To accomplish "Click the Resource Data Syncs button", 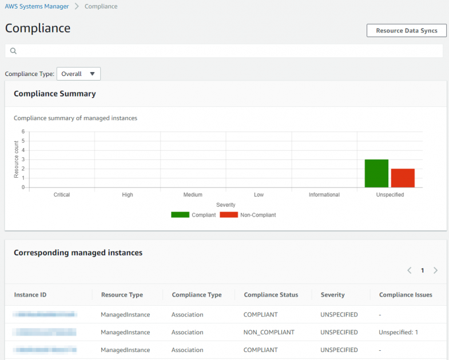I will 406,31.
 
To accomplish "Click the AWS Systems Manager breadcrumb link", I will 37,6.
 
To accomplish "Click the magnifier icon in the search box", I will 13,51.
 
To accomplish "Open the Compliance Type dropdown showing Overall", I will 78,74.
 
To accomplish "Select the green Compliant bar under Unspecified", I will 376,173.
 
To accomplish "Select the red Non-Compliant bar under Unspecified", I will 403,178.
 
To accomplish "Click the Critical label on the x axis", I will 62,195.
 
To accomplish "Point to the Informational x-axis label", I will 324,195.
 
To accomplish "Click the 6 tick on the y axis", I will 23,132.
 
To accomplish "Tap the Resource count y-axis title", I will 17,160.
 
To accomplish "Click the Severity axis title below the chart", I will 225,205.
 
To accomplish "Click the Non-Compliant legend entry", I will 248,215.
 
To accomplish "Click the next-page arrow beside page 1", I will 435,270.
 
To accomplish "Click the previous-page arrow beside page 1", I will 410,270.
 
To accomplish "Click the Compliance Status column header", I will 271,295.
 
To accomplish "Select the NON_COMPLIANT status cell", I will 269,332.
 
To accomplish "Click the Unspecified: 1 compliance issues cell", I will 398,332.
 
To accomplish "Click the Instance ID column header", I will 30,295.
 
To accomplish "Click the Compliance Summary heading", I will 54,94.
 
